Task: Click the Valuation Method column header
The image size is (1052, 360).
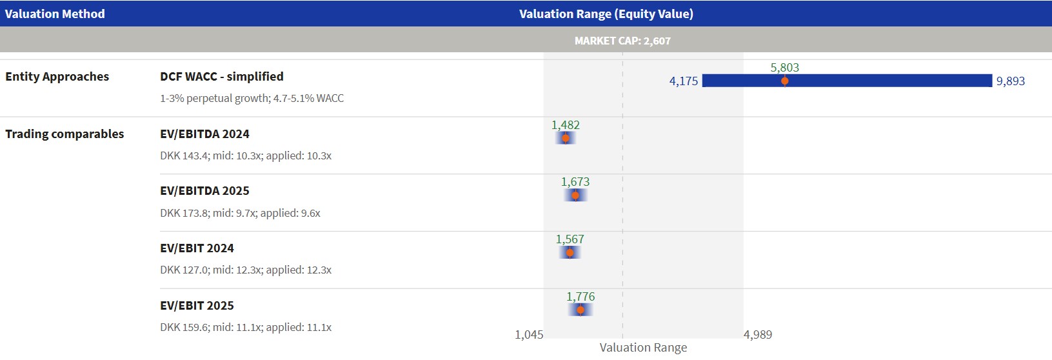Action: (x=55, y=14)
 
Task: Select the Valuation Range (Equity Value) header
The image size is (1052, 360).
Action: (x=606, y=14)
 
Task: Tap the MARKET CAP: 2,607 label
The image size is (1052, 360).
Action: (x=622, y=41)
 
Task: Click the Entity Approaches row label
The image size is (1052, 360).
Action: (x=57, y=76)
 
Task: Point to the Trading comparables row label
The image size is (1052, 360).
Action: (x=65, y=134)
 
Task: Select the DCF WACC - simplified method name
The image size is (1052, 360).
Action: (x=221, y=76)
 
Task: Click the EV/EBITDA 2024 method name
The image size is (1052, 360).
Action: (x=204, y=134)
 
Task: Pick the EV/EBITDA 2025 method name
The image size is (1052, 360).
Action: (x=204, y=190)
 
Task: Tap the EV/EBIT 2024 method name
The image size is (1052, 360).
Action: (x=197, y=248)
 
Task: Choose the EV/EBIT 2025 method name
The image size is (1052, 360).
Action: (x=197, y=305)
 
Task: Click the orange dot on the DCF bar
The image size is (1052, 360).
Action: (x=784, y=81)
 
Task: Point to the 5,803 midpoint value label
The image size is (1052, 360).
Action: (x=784, y=67)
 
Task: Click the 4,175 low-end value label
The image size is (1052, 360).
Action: (x=684, y=81)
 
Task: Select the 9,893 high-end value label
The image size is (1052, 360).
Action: (x=1010, y=81)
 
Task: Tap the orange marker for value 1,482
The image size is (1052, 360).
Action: (x=566, y=138)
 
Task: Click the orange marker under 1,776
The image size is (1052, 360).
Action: (x=581, y=310)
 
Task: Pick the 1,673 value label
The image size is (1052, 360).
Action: (x=575, y=181)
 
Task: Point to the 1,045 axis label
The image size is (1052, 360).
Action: (x=529, y=334)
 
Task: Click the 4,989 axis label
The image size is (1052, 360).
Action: (x=757, y=334)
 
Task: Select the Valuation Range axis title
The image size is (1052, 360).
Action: (x=643, y=347)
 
